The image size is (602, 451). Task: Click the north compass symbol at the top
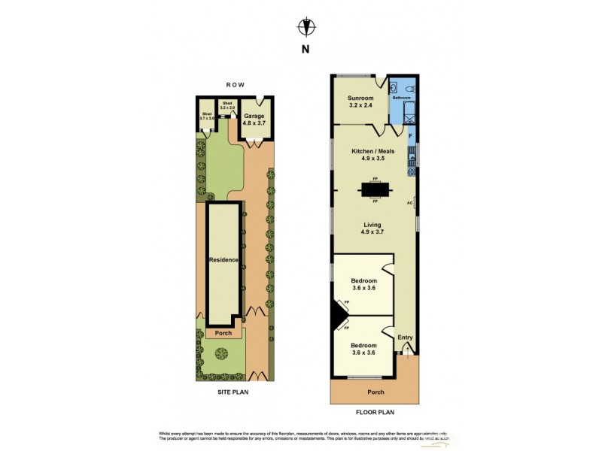pos(305,27)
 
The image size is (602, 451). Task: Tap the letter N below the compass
pos(305,50)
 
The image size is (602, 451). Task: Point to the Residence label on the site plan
pos(223,260)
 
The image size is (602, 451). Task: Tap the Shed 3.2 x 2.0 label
pos(228,106)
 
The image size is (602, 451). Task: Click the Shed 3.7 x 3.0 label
pos(207,117)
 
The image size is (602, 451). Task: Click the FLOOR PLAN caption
pos(375,412)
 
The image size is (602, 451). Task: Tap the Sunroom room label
pos(360,101)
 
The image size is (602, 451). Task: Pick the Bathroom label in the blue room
pos(401,98)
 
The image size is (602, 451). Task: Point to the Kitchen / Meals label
pos(372,155)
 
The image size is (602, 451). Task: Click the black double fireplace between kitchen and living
pos(375,189)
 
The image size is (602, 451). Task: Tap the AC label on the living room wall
pos(410,203)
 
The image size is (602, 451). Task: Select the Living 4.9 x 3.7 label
pos(372,229)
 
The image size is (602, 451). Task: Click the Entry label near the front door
pos(405,337)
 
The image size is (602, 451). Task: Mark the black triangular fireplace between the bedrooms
pos(338,315)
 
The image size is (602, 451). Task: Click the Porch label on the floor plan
pos(375,392)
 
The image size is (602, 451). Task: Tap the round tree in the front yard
pos(223,353)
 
